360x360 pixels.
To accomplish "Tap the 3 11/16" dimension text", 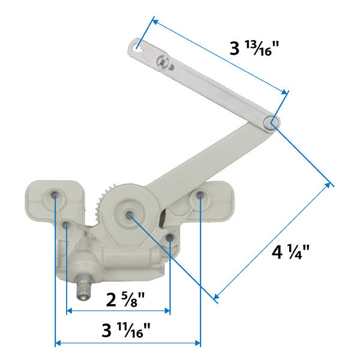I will pos(127,329).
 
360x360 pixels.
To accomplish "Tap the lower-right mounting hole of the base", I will pos(170,239).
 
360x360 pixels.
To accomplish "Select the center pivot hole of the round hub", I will pos(129,213).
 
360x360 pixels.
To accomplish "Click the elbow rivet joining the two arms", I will pos(271,122).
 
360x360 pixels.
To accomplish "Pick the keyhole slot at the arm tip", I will pos(138,45).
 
